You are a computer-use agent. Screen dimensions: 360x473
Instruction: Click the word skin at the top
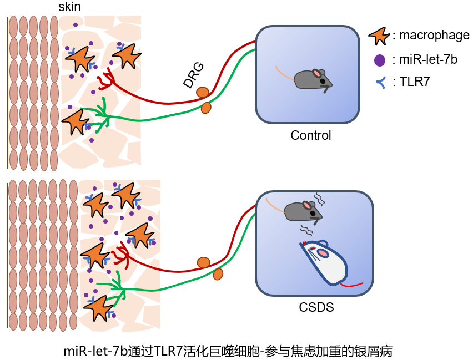click(x=69, y=7)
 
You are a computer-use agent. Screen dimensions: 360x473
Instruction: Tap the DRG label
click(x=194, y=75)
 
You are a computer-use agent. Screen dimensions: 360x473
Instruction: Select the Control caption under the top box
click(x=310, y=135)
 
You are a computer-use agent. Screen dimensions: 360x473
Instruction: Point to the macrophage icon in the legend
click(x=380, y=36)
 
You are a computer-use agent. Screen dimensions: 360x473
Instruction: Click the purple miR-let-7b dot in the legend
click(x=380, y=59)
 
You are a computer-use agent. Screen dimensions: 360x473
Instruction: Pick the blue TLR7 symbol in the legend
click(x=380, y=83)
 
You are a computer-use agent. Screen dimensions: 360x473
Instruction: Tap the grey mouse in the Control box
click(x=312, y=79)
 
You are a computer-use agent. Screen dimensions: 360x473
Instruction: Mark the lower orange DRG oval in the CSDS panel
click(x=218, y=274)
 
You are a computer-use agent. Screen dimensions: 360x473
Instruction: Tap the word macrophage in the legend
click(x=434, y=36)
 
